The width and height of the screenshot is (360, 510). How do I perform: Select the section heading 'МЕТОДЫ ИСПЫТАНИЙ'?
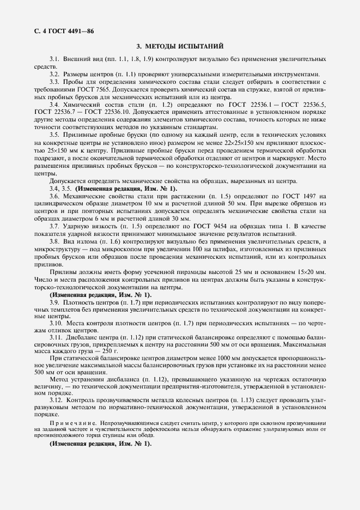coord(185,47)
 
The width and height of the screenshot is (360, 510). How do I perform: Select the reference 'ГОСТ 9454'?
coord(202,226)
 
